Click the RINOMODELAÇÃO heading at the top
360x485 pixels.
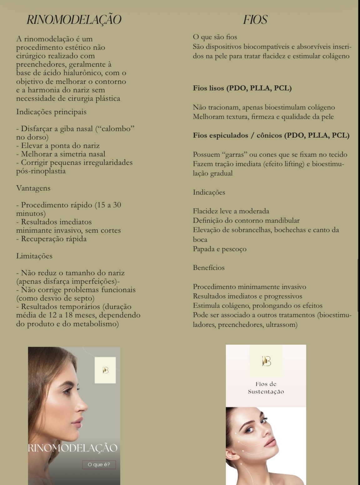(74, 20)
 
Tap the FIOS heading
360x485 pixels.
(255, 20)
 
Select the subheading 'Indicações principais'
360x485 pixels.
(51, 112)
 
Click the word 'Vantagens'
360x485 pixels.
(33, 188)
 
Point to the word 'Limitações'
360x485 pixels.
(34, 256)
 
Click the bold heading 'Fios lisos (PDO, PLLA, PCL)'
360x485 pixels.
(242, 88)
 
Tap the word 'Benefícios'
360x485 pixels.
(208, 268)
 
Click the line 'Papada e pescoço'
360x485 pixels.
(219, 249)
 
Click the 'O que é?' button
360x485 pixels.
(99, 465)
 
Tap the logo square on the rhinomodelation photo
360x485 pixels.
(105, 370)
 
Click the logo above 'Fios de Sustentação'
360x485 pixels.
(266, 361)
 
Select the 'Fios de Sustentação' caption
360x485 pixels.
(266, 388)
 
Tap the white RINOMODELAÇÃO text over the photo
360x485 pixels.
(72, 448)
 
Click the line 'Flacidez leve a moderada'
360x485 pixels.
(231, 211)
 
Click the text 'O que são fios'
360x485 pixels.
(215, 37)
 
